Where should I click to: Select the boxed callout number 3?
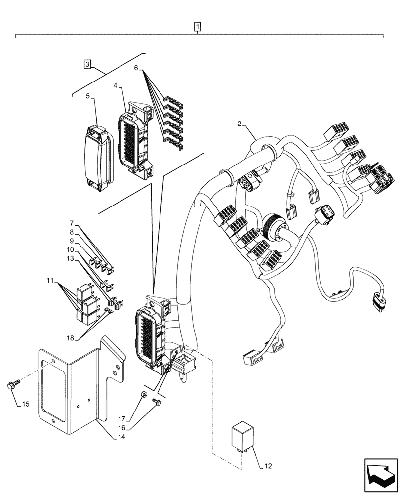87,64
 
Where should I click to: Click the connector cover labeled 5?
98,159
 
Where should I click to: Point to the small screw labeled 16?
157,403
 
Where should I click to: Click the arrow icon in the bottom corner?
381,475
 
